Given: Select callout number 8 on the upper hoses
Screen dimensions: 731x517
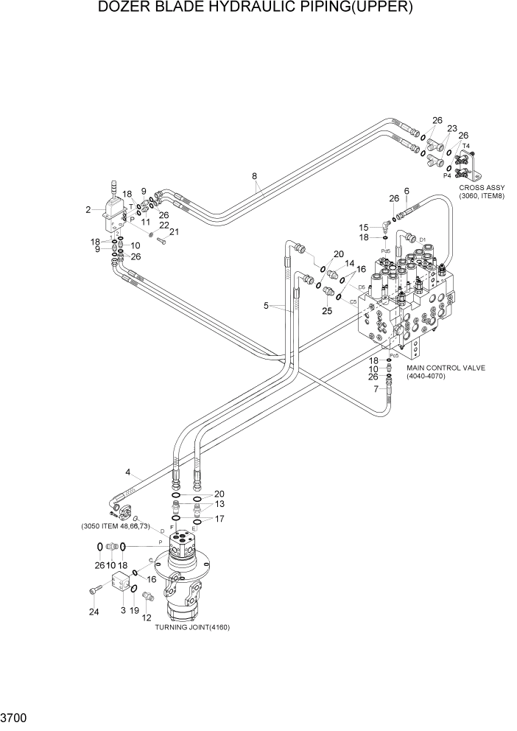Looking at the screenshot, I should click(x=255, y=176).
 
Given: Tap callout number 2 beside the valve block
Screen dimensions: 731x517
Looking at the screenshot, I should click(x=88, y=210).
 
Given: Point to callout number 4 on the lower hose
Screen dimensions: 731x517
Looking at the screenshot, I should click(x=128, y=472).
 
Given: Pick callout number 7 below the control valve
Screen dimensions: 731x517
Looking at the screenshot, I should click(x=376, y=388).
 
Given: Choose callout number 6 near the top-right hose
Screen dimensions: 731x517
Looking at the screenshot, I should click(x=406, y=192).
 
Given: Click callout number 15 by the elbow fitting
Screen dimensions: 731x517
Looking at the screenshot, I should click(x=364, y=228).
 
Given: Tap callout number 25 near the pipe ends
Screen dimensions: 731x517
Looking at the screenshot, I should click(x=326, y=311).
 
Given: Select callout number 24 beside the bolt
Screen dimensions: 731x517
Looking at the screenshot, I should click(x=94, y=612).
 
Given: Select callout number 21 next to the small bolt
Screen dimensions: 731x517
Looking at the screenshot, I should click(x=175, y=233).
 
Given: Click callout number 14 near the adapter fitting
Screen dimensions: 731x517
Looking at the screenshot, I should click(x=351, y=264).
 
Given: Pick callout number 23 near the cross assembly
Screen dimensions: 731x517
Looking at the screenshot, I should click(x=452, y=128).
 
